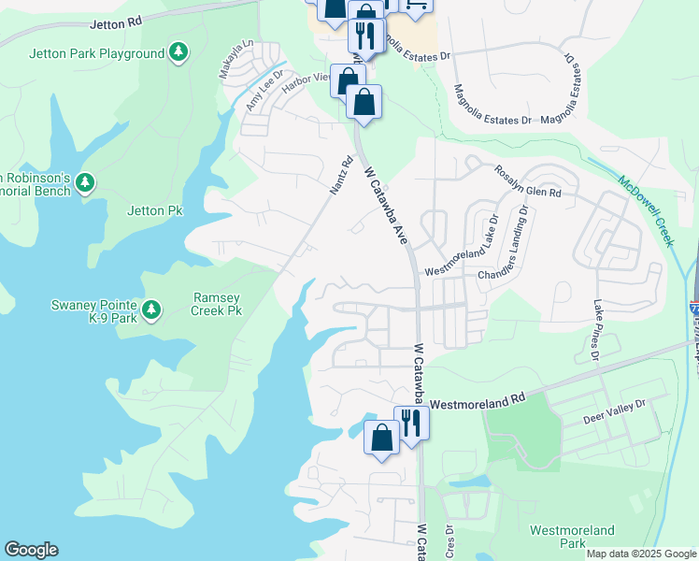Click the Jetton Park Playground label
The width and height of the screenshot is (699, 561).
click(97, 53)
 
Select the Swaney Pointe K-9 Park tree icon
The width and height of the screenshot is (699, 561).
click(151, 309)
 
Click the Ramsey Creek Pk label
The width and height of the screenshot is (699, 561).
click(217, 304)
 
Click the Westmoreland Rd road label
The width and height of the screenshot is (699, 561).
click(478, 401)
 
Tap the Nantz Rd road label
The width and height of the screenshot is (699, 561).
click(341, 175)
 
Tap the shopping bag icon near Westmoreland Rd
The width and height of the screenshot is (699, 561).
click(381, 438)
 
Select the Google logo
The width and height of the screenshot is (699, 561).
click(31, 550)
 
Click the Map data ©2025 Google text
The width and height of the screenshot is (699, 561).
click(641, 554)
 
